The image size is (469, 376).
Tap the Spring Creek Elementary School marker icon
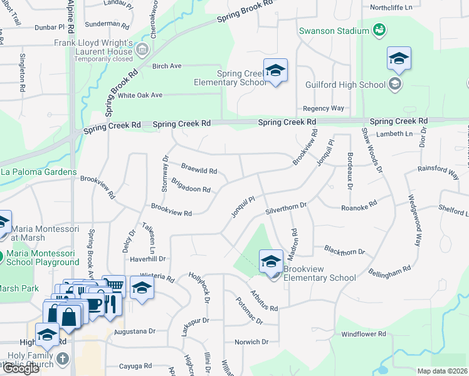click(x=275, y=71)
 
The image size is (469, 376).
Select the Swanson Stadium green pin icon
click(x=379, y=30)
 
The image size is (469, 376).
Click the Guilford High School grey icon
click(x=395, y=84)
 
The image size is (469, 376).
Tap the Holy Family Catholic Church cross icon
click(x=61, y=358)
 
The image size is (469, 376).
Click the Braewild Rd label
click(x=199, y=170)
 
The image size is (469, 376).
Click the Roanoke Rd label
click(x=359, y=206)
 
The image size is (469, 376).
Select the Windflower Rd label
click(x=364, y=335)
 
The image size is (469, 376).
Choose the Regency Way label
click(x=324, y=108)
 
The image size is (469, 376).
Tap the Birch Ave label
click(x=166, y=66)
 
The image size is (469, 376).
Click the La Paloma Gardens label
click(x=38, y=172)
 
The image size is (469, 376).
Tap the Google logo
click(x=21, y=368)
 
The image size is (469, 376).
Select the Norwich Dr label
click(x=251, y=342)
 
